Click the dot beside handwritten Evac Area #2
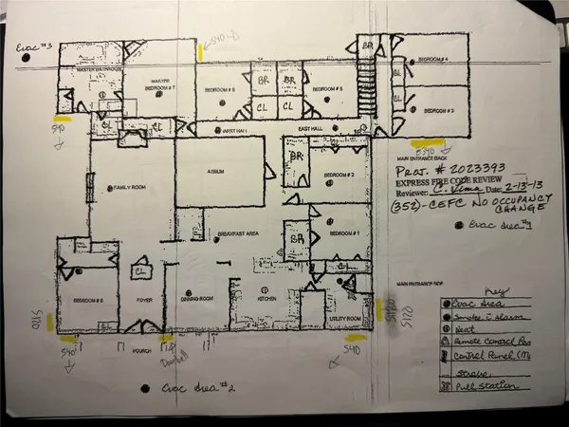click(143, 388)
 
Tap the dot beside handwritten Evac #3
click(28, 59)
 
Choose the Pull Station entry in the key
click(484, 386)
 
